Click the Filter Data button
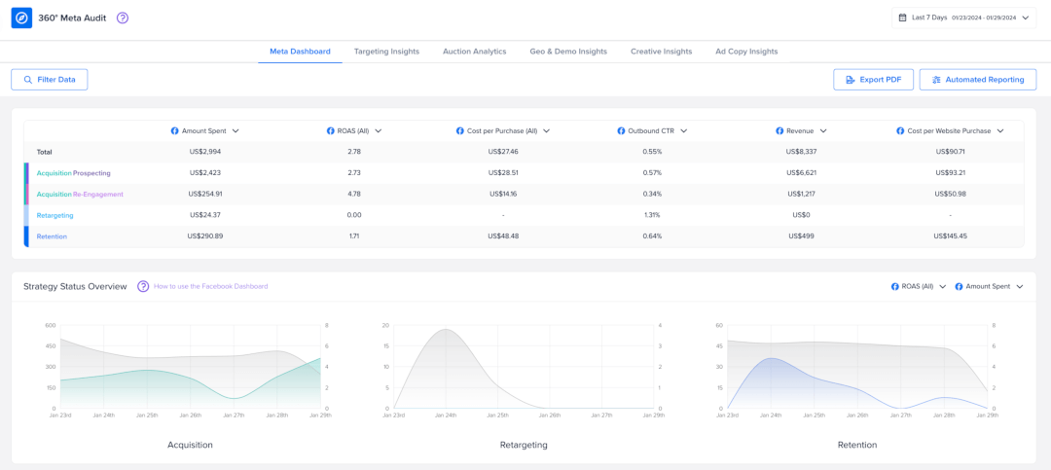[x=50, y=80]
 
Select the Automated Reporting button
[x=977, y=80]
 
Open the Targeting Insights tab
[x=386, y=52]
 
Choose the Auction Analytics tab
[x=474, y=52]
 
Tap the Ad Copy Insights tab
[x=746, y=52]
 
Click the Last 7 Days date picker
[x=963, y=18]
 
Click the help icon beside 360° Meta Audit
[x=123, y=18]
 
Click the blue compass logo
[x=21, y=18]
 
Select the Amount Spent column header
[x=205, y=130]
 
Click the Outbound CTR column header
[x=652, y=130]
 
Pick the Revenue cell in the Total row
[x=801, y=152]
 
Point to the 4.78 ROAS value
[x=354, y=194]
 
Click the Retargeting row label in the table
[x=54, y=215]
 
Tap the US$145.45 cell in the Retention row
[x=950, y=236]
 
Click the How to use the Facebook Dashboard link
[x=210, y=286]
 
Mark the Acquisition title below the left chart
[x=190, y=445]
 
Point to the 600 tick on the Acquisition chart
[x=50, y=325]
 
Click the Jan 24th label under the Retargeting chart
[x=445, y=416]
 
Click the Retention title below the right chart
[x=856, y=445]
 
